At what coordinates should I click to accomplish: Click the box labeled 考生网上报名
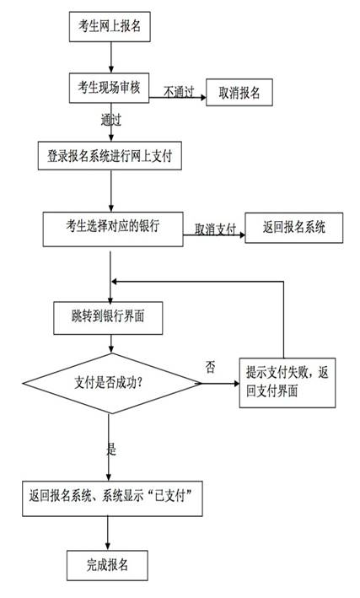[110, 27]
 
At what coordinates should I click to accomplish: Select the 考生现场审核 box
[110, 87]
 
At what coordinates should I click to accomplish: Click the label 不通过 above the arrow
[178, 89]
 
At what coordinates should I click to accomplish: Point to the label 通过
[111, 121]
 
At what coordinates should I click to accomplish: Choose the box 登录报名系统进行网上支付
[110, 157]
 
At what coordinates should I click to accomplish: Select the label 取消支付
[213, 229]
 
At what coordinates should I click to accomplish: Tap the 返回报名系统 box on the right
[294, 227]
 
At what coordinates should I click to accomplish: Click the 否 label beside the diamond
[211, 367]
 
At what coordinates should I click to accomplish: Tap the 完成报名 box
[108, 563]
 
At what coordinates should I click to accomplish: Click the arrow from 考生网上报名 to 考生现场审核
[110, 57]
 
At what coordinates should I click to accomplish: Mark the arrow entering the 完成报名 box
[109, 533]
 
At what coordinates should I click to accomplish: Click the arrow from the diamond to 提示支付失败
[221, 385]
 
